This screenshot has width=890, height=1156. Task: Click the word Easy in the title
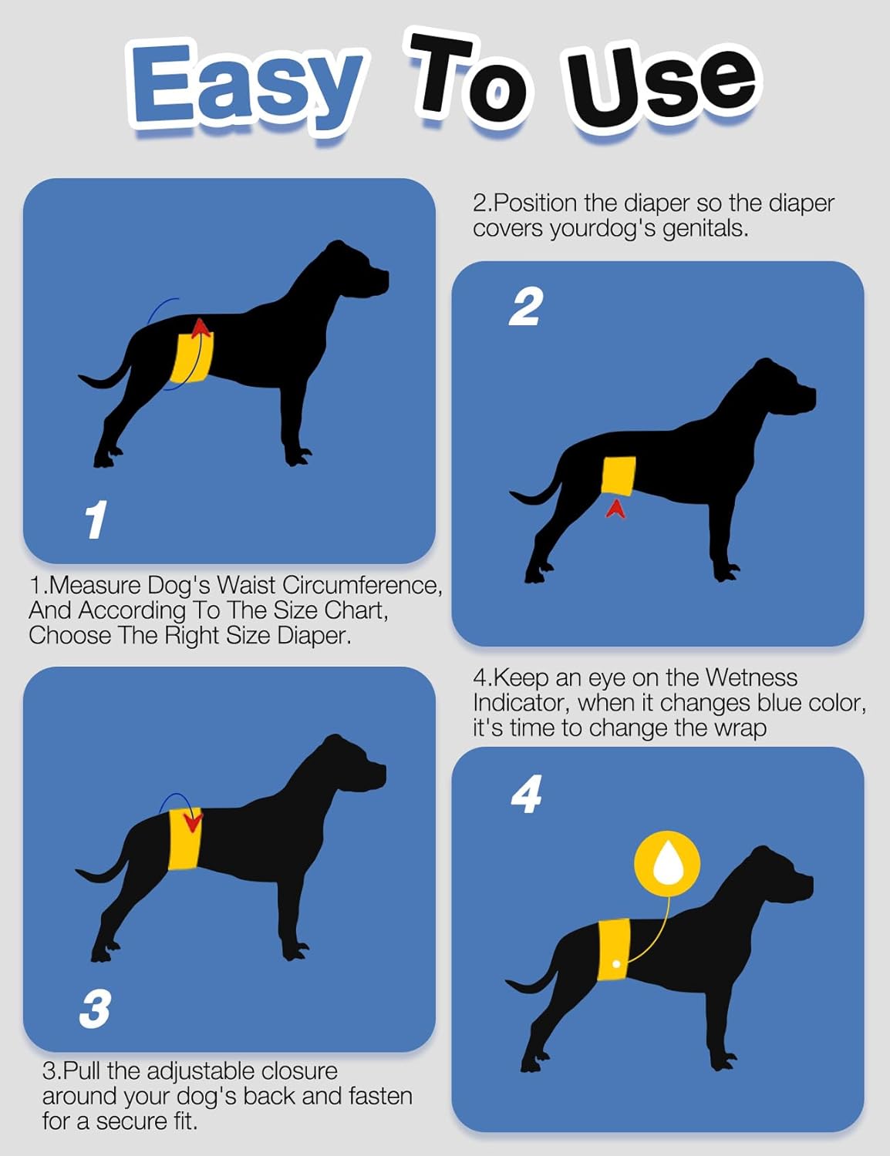tap(245, 86)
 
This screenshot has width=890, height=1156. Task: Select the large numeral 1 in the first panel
tap(96, 519)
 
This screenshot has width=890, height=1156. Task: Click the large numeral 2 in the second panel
tap(526, 307)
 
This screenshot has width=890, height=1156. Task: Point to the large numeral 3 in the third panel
tap(95, 1009)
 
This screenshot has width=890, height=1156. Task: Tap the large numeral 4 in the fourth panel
tap(527, 795)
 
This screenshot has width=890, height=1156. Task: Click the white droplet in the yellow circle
tap(667, 863)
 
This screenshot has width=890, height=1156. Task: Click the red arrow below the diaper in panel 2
tap(615, 508)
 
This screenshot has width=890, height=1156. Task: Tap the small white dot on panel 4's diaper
tap(615, 963)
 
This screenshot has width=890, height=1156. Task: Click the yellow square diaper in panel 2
tap(619, 475)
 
